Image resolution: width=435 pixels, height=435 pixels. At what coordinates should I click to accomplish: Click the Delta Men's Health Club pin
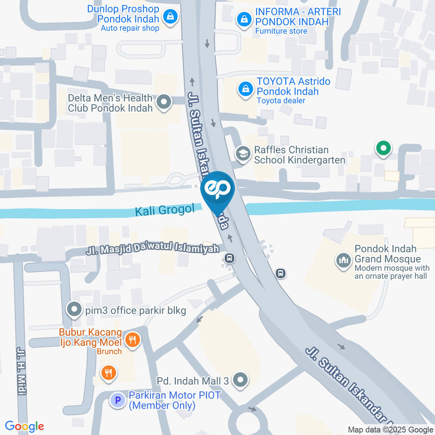164,102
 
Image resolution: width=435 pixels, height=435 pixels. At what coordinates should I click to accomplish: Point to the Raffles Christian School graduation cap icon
243,154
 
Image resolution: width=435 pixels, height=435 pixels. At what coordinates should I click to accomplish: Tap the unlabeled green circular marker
383,148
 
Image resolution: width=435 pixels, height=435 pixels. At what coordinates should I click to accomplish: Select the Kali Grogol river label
164,210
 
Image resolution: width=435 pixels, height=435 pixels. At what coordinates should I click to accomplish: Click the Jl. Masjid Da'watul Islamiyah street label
153,250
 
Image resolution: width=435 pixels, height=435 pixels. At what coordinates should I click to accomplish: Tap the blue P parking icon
118,400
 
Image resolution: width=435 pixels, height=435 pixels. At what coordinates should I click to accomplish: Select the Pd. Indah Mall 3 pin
240,380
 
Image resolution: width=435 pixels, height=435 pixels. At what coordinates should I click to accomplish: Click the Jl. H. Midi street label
21,372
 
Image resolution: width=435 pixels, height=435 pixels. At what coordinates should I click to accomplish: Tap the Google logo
24,426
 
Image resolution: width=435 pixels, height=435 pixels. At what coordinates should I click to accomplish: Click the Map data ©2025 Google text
390,430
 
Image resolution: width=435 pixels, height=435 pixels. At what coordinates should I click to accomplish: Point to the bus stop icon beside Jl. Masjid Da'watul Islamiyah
230,258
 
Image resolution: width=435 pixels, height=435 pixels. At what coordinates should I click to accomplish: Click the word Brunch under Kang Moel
109,351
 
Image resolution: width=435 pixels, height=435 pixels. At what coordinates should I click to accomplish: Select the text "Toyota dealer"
280,101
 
